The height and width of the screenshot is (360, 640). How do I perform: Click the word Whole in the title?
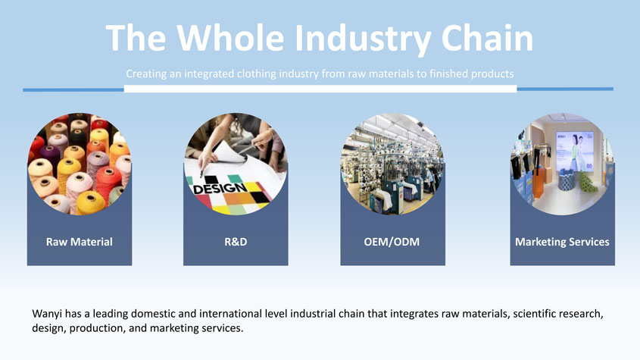pos(230,38)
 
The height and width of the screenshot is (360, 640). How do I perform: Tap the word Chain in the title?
pos(487,38)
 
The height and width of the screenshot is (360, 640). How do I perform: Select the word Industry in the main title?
pos(363,39)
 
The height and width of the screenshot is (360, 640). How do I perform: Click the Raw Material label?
pos(80,242)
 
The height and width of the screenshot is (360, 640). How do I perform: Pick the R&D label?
pos(236,242)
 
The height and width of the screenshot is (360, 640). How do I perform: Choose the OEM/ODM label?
pos(392,242)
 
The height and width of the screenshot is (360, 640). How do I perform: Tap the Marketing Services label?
pos(562,242)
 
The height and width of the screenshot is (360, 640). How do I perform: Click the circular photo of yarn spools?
pos(80,164)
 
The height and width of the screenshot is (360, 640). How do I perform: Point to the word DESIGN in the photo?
pos(220,188)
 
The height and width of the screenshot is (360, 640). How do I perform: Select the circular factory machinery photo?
pos(392,164)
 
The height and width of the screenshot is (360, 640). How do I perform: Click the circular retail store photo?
pos(562,164)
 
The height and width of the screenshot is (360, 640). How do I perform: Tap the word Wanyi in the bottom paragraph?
pos(47,315)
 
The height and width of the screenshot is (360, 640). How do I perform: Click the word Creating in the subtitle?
pos(145,74)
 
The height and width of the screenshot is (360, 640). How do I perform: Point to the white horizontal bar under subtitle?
pos(320,89)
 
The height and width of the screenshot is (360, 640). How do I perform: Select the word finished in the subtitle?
pos(448,74)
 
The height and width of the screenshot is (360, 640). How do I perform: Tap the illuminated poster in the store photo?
pos(574,150)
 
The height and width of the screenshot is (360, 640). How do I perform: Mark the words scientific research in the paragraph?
pos(557,314)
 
